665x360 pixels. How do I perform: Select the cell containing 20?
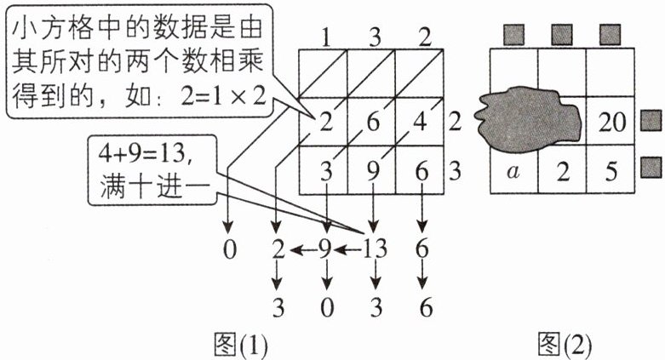pos(611,122)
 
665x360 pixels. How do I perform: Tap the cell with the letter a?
pos(513,169)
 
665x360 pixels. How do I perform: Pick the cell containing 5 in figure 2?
pos(610,169)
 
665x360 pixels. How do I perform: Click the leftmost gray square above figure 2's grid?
pos(513,34)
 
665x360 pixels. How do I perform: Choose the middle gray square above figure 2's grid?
pos(562,34)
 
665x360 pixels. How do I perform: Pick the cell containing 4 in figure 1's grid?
pos(420,122)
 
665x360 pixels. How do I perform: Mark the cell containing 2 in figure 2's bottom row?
pos(561,169)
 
